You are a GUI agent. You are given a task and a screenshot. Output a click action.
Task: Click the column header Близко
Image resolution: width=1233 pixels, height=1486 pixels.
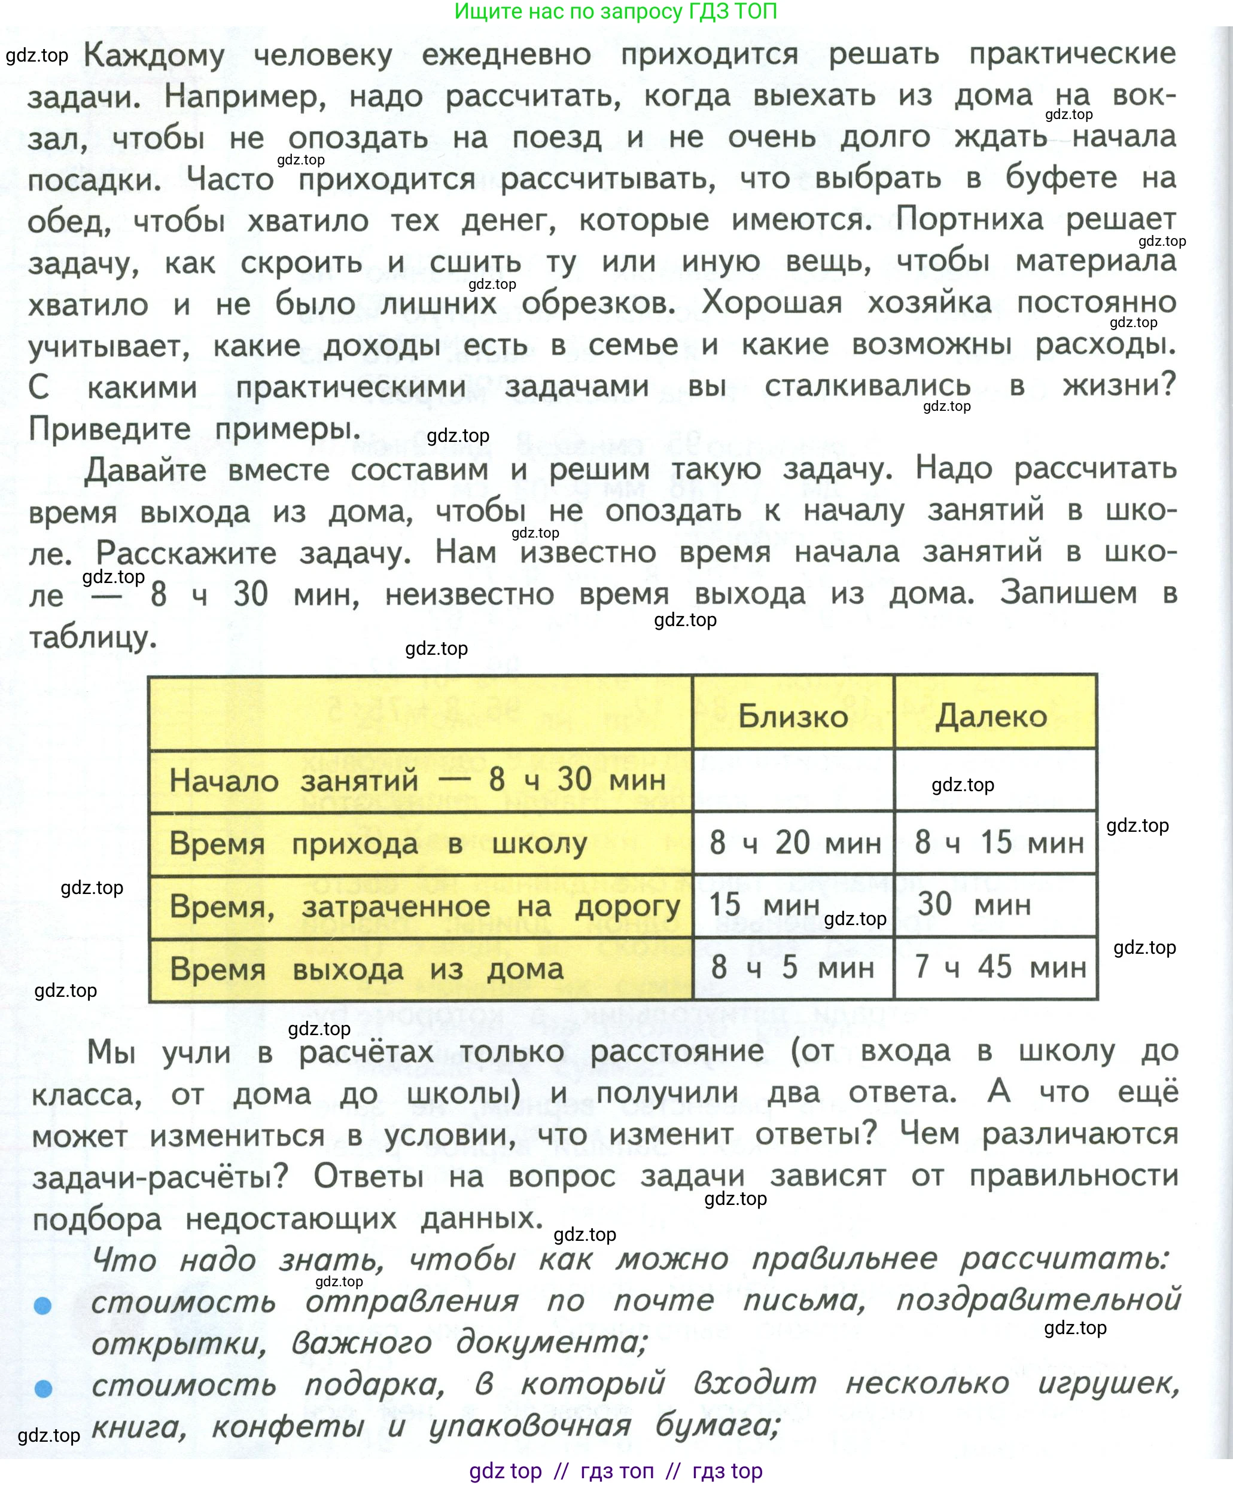[793, 716]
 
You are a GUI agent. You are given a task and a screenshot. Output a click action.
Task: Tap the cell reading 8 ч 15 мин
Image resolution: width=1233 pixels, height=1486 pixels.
[998, 842]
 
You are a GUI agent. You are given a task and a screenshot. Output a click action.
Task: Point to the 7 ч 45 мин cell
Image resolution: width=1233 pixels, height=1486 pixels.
[1000, 966]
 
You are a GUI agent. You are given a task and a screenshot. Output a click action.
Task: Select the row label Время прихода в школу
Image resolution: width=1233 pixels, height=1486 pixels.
[378, 844]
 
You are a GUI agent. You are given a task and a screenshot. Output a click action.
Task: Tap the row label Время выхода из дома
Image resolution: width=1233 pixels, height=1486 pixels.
[367, 969]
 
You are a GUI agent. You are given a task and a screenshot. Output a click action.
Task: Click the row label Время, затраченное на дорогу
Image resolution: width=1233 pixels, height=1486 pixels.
[425, 907]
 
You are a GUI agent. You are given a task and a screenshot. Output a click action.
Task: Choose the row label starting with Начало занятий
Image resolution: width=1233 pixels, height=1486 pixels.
[418, 780]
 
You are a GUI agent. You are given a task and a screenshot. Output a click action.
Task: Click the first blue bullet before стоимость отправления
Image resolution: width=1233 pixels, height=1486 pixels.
[43, 1305]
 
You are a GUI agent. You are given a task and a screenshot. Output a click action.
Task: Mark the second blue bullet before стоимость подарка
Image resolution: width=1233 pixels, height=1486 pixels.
[43, 1389]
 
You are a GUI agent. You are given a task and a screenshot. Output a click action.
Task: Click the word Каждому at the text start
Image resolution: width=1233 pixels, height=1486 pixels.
[154, 55]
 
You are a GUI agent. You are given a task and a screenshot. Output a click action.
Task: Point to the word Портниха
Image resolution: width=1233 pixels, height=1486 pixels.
[969, 219]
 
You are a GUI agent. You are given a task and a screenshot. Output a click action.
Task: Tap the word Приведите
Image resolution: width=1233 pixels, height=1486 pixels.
[109, 428]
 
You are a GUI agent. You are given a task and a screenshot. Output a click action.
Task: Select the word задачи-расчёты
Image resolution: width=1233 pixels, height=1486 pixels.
[160, 1177]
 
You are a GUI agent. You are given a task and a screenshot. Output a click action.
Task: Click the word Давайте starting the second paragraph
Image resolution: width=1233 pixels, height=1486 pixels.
[145, 470]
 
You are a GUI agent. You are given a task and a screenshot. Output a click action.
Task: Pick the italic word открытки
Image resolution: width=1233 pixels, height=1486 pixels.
[179, 1344]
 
